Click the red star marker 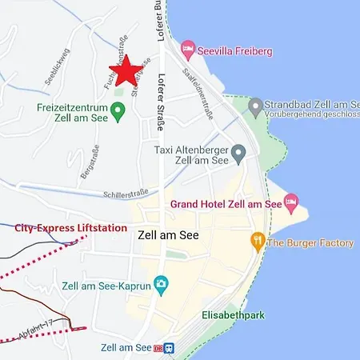tap(127, 70)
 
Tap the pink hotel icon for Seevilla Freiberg tap(187, 50)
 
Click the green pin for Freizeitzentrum tap(118, 111)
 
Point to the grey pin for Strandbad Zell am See tap(255, 106)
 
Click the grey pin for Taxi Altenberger tap(238, 152)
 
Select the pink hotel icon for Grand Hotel tap(291, 199)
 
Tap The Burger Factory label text tap(310, 242)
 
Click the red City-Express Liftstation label tap(71, 227)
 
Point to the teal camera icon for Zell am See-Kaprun tap(161, 282)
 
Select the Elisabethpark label tap(232, 314)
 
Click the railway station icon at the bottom tap(169, 349)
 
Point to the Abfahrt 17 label tap(34, 327)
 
